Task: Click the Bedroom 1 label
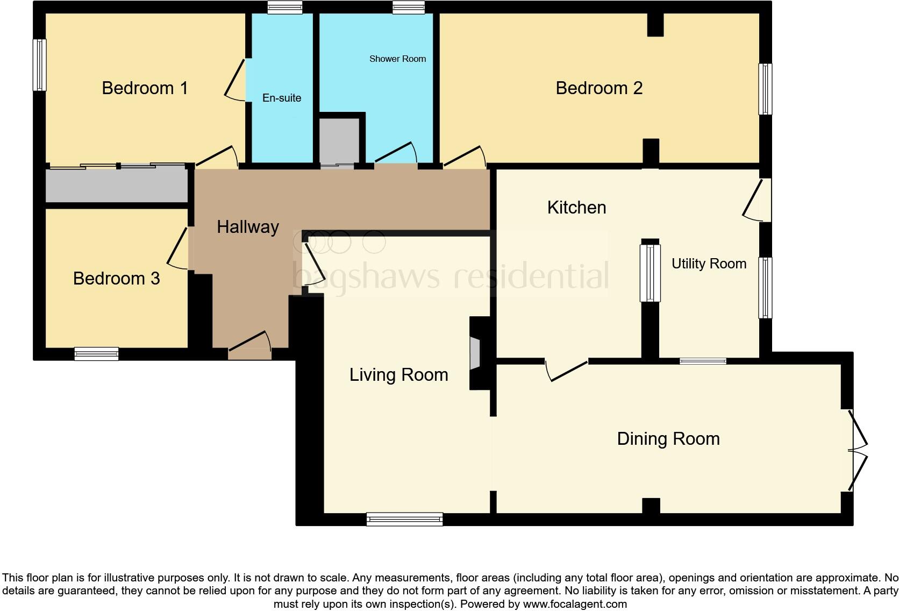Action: tap(145, 88)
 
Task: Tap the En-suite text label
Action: tap(282, 98)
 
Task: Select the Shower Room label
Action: tap(397, 59)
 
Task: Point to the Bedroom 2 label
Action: tap(599, 88)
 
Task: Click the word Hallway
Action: tap(248, 227)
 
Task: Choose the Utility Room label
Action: tap(709, 264)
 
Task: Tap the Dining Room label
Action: tap(668, 439)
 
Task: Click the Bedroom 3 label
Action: tap(116, 278)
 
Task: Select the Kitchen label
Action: tap(577, 208)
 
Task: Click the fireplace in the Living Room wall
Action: tap(475, 353)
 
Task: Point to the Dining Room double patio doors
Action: tap(857, 450)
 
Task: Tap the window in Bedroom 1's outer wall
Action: tap(39, 65)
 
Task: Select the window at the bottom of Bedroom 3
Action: tap(96, 354)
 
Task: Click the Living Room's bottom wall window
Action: tap(404, 520)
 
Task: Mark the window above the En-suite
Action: tap(285, 7)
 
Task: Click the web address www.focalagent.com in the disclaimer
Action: tap(575, 604)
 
